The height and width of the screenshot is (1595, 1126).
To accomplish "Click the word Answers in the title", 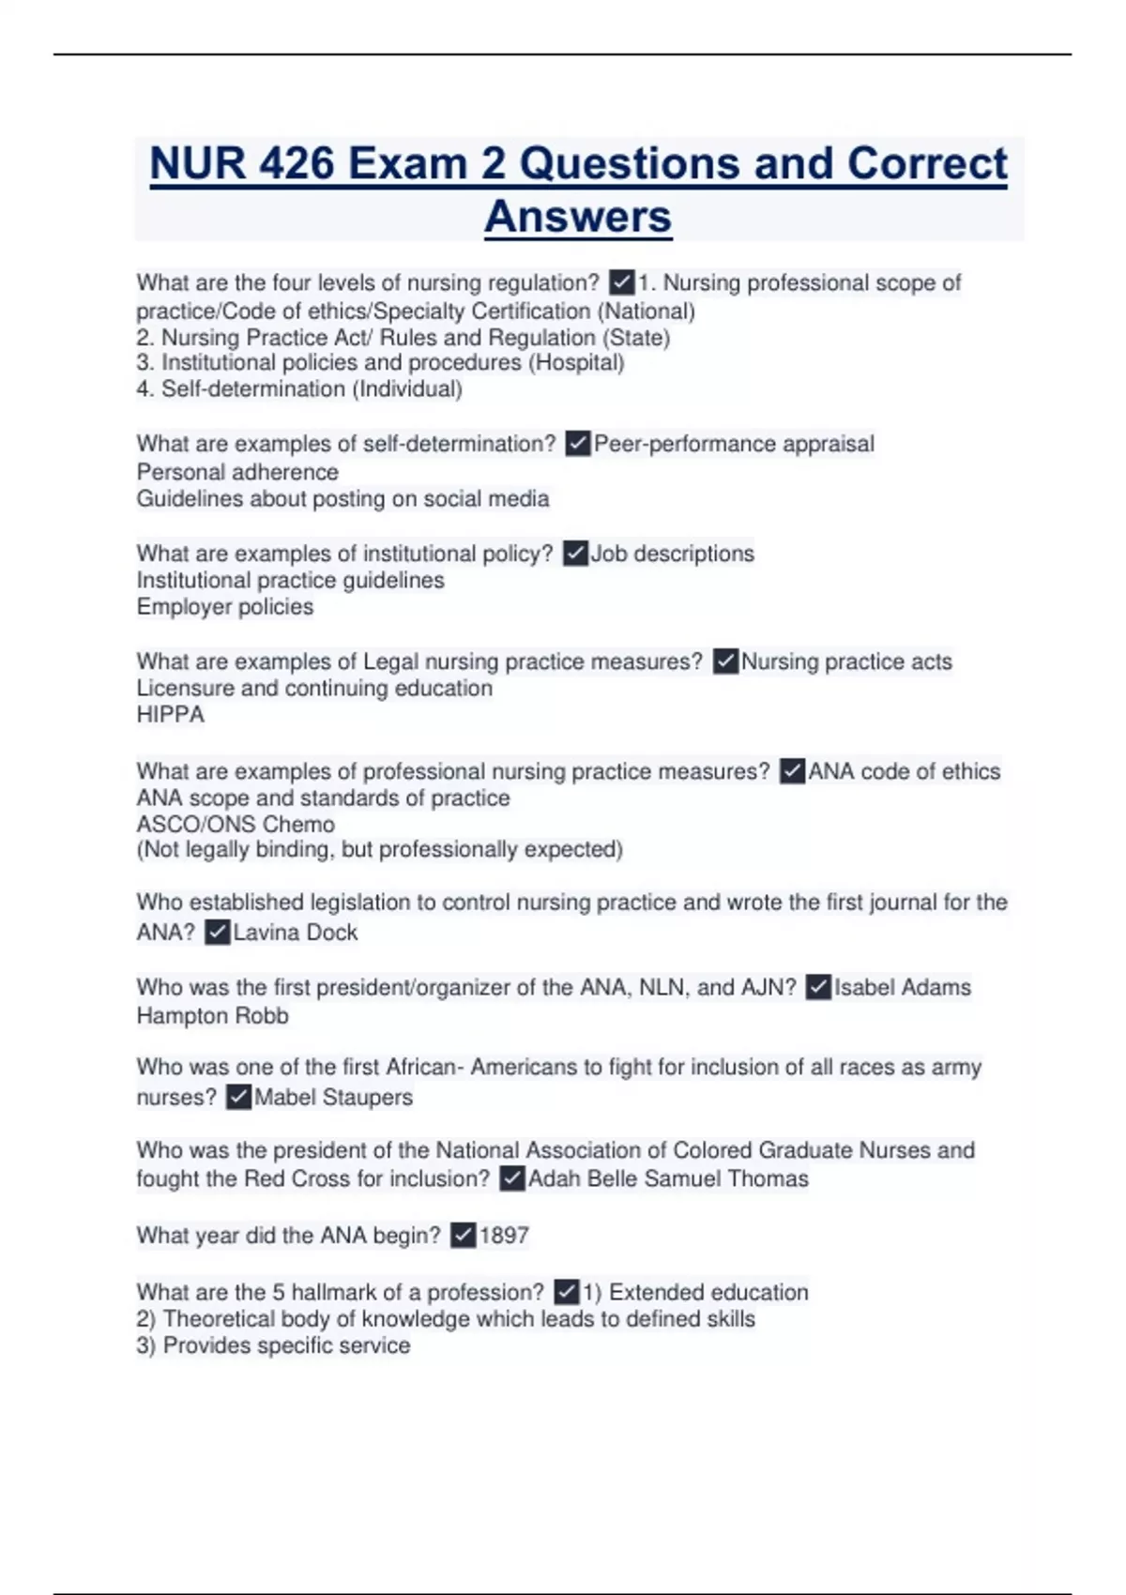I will (x=578, y=217).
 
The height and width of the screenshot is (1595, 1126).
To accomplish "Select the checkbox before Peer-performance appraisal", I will (x=578, y=444).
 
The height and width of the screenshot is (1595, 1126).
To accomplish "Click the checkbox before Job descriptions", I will (x=575, y=554).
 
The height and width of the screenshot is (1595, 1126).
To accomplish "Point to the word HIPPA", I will (x=170, y=715).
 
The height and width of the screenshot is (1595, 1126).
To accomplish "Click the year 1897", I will (x=504, y=1236).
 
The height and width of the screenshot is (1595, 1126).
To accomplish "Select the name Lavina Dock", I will (x=296, y=933).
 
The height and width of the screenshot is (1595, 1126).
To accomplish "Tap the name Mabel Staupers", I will (x=333, y=1097).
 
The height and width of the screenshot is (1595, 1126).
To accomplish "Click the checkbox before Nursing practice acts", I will (x=725, y=661).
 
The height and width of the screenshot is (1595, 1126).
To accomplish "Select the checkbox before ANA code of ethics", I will (x=792, y=771).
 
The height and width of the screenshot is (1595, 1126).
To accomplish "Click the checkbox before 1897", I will (x=463, y=1236).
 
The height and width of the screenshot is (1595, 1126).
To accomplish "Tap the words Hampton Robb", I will (x=212, y=1016).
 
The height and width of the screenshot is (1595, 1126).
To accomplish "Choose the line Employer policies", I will (x=225, y=607).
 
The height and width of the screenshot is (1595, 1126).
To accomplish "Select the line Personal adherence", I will (x=237, y=472).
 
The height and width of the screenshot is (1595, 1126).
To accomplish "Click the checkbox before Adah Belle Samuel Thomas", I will (x=511, y=1179).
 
